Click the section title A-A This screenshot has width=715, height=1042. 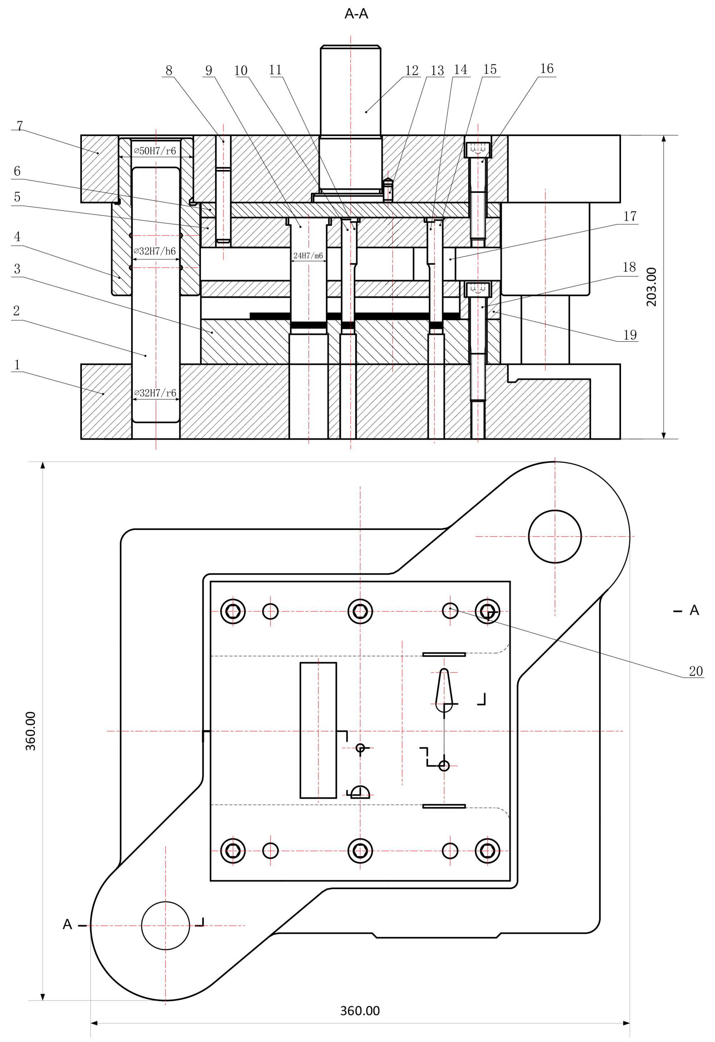point(356,14)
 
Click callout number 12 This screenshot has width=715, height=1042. point(411,70)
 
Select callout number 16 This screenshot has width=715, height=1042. point(546,69)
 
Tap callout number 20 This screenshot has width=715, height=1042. point(695,671)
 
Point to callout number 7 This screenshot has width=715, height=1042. point(19,125)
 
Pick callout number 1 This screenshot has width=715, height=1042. point(17,364)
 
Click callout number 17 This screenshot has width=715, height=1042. point(630,217)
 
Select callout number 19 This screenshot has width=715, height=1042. point(630,334)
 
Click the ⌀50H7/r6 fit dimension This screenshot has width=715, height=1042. point(155,151)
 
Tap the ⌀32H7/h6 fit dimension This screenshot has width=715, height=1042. point(155,251)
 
